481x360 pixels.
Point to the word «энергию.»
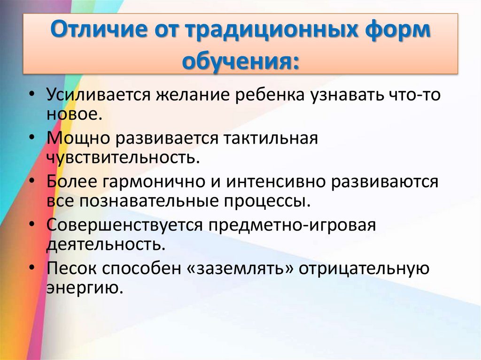(85, 287)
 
